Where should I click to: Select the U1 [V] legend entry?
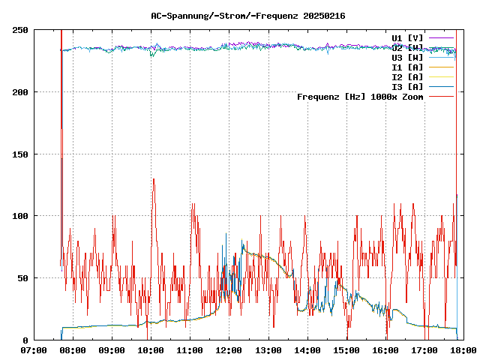[x=407, y=37]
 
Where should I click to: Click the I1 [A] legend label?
[x=407, y=67]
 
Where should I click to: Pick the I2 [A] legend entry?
[x=407, y=76]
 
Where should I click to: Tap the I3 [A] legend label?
[x=407, y=86]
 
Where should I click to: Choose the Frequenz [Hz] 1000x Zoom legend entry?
[x=360, y=96]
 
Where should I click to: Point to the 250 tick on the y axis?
[x=20, y=30]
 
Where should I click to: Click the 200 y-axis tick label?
[x=20, y=92]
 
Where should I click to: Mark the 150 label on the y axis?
[x=20, y=154]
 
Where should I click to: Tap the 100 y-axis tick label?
[x=20, y=216]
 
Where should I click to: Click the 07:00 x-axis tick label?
[x=34, y=350]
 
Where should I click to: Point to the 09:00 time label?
[x=112, y=350]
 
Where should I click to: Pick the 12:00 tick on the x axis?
[x=229, y=350]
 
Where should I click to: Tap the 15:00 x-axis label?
[x=346, y=350]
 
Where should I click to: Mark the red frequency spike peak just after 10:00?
[x=153, y=179]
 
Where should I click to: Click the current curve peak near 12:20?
[x=242, y=241]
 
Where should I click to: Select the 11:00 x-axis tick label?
[x=190, y=350]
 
